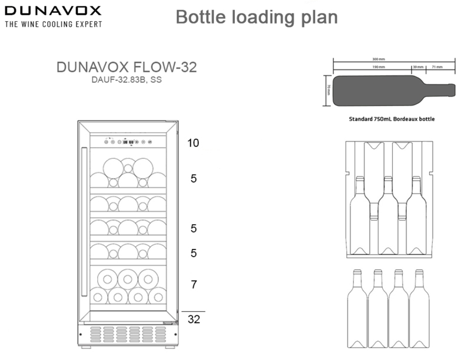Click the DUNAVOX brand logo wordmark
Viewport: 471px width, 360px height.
point(53,11)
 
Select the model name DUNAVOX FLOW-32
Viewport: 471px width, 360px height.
point(127,67)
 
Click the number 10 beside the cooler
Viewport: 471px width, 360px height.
point(194,143)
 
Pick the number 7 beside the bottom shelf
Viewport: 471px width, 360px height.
point(194,285)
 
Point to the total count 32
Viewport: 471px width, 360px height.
point(194,321)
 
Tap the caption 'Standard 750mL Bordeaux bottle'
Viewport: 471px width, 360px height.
point(392,119)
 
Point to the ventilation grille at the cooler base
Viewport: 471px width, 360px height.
point(128,335)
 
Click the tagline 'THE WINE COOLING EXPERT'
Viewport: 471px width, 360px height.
point(53,24)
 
